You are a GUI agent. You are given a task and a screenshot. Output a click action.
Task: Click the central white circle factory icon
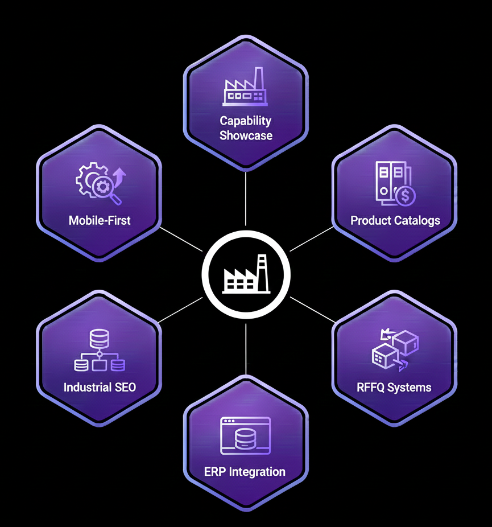pyautogui.click(x=246, y=275)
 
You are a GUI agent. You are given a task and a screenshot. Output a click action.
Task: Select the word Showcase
pyautogui.click(x=246, y=136)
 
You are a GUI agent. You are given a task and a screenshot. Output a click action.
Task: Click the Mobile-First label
pyautogui.click(x=100, y=220)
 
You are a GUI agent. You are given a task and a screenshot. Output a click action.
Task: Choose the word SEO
pyautogui.click(x=126, y=388)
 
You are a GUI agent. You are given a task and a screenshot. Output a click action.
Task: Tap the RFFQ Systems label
pyautogui.click(x=394, y=388)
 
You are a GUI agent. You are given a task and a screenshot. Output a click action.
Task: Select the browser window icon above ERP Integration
pyautogui.click(x=245, y=436)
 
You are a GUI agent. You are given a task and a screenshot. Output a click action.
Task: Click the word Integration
pyautogui.click(x=257, y=472)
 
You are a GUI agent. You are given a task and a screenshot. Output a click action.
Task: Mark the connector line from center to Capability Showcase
pyautogui.click(x=246, y=199)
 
